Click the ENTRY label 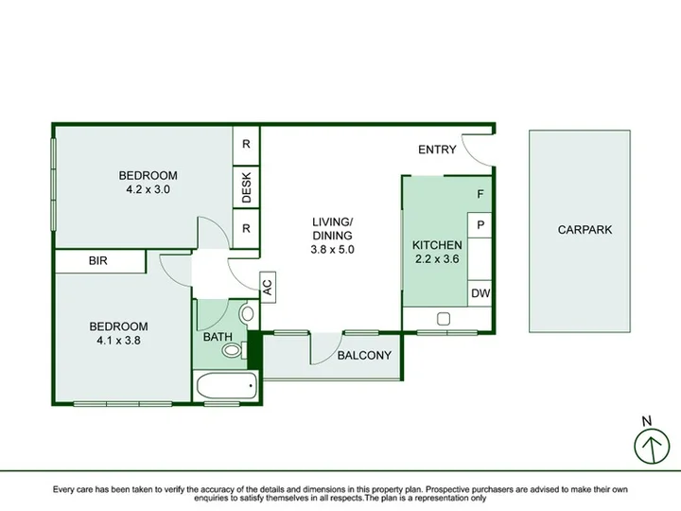437,150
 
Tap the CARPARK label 585,229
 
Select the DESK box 246,187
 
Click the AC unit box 268,287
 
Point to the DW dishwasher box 480,293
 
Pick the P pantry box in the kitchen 480,225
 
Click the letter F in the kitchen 480,194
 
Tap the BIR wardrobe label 97,261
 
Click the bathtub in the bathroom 227,386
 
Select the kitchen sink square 443,319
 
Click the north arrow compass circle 652,447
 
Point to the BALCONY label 364,356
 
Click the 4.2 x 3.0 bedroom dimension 148,189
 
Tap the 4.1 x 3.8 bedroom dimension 118,341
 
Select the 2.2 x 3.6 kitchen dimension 437,259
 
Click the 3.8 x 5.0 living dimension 332,250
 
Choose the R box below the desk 246,229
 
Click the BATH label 218,337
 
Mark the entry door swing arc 471,156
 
